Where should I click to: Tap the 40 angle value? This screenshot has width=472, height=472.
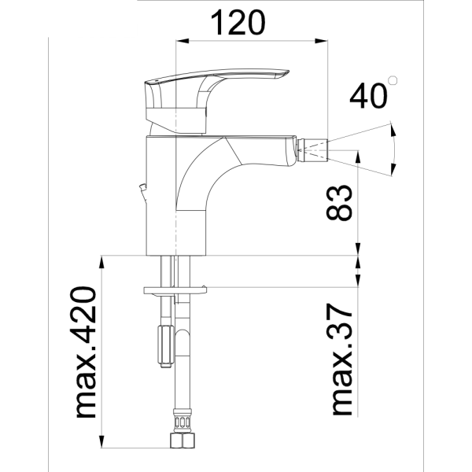[x=368, y=96]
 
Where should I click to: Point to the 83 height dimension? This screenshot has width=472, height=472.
[x=342, y=203]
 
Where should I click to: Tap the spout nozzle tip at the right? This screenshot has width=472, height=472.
[x=315, y=146]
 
